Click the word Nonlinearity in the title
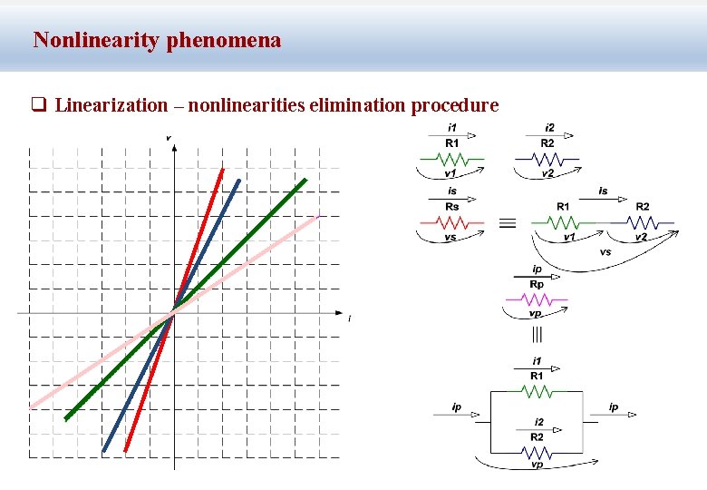click(x=97, y=40)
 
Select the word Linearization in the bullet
click(x=111, y=105)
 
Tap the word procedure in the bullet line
click(x=455, y=105)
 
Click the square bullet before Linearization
click(x=39, y=105)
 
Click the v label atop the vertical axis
click(x=169, y=137)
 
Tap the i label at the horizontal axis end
click(x=349, y=318)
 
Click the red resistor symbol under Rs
click(x=451, y=220)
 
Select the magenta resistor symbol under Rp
click(x=537, y=298)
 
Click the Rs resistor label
click(x=451, y=207)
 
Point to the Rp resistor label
click(x=537, y=284)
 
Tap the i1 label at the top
click(x=451, y=127)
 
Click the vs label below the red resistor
click(x=450, y=237)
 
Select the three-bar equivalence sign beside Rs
click(x=508, y=222)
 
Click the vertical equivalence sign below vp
click(x=537, y=335)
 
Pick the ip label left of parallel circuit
click(x=458, y=407)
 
